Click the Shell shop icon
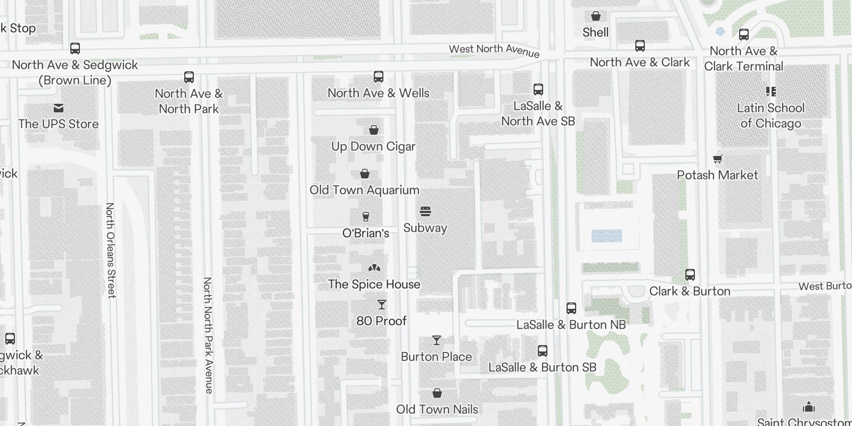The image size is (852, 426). click(x=596, y=17)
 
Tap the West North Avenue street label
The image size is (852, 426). click(x=494, y=51)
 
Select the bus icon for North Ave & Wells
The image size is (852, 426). click(x=379, y=77)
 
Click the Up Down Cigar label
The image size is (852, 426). click(x=373, y=146)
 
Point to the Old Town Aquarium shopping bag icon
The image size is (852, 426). click(x=365, y=174)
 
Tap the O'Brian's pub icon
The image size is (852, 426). click(x=365, y=217)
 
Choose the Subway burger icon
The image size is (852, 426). click(x=425, y=211)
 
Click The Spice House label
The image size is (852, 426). click(x=374, y=284)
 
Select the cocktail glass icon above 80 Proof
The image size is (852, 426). click(x=381, y=305)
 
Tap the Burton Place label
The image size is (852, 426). click(x=436, y=357)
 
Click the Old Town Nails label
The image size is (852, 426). click(x=437, y=409)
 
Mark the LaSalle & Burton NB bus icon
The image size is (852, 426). click(x=571, y=308)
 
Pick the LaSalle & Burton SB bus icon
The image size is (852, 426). click(x=543, y=351)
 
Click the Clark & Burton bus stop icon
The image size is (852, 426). click(x=690, y=275)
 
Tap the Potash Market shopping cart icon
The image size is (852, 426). click(x=718, y=159)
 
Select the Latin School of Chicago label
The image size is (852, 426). click(x=771, y=116)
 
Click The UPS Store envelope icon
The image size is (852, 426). click(x=59, y=108)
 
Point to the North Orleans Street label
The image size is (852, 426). click(x=111, y=250)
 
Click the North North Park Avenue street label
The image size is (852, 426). click(x=208, y=335)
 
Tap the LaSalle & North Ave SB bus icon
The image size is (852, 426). click(x=538, y=89)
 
